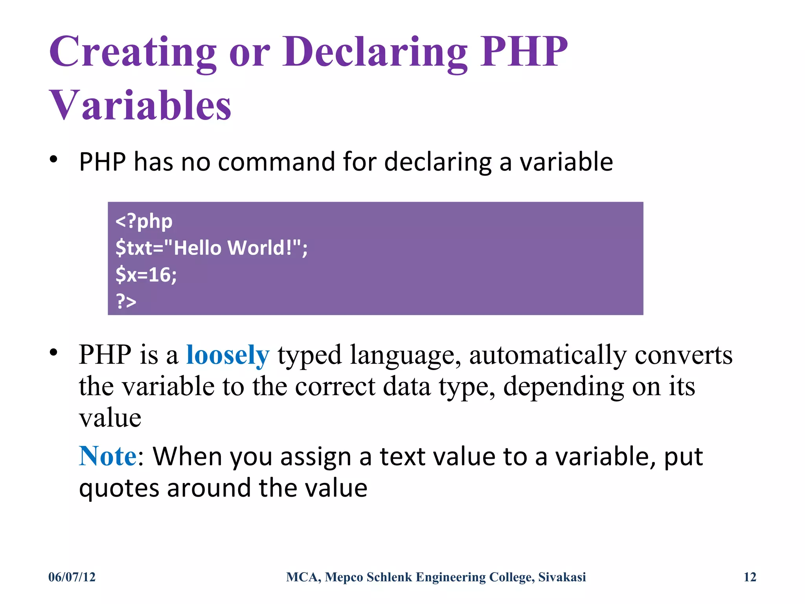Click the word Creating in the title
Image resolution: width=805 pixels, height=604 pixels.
[x=133, y=52]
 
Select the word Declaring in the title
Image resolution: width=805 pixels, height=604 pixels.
[x=375, y=52]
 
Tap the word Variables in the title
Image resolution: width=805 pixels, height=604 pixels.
[x=140, y=105]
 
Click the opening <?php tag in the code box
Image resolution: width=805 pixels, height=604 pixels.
[x=144, y=221]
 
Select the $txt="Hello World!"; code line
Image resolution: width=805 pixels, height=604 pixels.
[x=211, y=248]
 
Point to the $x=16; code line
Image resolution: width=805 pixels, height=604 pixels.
[x=146, y=274]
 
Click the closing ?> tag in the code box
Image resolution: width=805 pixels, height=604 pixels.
[x=126, y=302]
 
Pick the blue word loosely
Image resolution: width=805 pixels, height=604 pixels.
[x=228, y=355]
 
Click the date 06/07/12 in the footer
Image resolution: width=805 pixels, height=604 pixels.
[x=72, y=577]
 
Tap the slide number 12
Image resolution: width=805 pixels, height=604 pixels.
[x=750, y=577]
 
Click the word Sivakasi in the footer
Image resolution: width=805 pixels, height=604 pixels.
[x=562, y=577]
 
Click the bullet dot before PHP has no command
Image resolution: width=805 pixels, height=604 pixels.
[x=54, y=160]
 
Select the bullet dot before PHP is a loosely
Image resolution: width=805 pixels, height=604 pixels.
[x=54, y=352]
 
